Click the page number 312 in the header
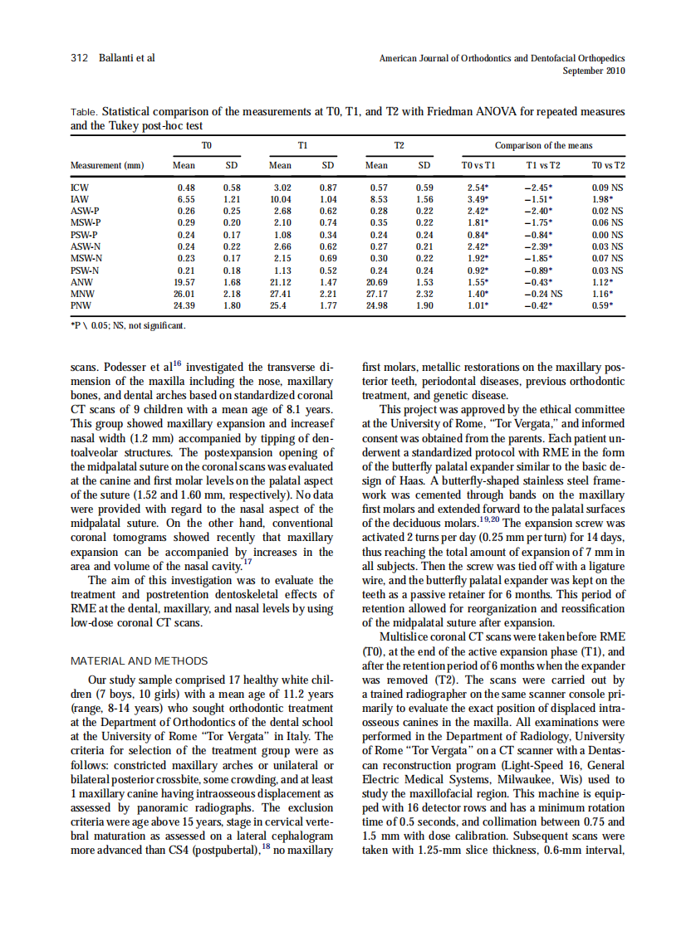(x=80, y=58)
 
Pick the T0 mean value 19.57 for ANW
(x=184, y=281)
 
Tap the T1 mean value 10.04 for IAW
(x=280, y=200)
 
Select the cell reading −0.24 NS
(x=543, y=293)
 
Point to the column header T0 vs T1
(x=478, y=165)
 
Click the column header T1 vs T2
(x=543, y=165)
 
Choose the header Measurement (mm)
(x=107, y=165)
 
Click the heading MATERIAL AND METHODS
(x=140, y=660)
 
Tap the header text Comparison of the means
(x=543, y=145)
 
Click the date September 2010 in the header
(x=594, y=71)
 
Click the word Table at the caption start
(x=85, y=111)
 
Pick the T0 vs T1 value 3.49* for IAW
(x=478, y=200)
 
